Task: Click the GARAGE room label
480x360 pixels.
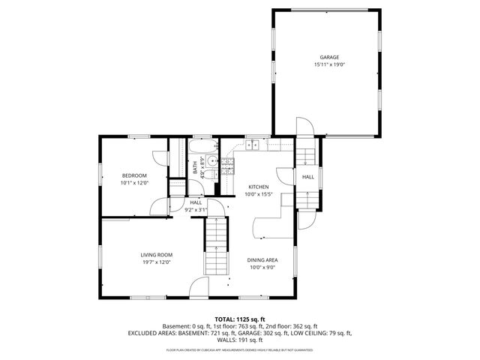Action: point(329,57)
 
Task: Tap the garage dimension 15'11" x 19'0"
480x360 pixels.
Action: point(329,64)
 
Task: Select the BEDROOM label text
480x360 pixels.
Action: point(135,175)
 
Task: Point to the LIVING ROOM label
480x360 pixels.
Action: point(157,255)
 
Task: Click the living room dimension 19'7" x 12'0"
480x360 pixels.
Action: point(157,262)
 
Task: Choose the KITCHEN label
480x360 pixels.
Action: point(259,187)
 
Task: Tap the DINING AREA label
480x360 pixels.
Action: point(262,259)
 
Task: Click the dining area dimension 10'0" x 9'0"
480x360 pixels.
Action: point(262,267)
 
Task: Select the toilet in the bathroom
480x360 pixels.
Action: point(211,175)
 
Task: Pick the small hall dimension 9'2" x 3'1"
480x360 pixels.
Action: point(196,210)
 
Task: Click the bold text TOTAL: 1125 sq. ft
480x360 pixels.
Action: point(240,319)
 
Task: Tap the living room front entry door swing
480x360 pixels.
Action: point(199,286)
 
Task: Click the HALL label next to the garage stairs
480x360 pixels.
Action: point(308,177)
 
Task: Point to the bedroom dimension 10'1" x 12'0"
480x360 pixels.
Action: point(135,183)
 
